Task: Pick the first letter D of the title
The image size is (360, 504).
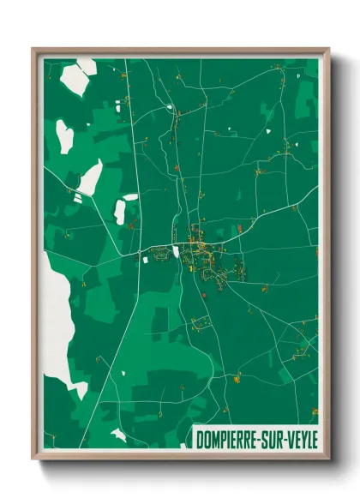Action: (199, 435)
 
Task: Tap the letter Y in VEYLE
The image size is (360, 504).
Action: (303, 435)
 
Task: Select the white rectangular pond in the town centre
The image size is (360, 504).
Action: (177, 251)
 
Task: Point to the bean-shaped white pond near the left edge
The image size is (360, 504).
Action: (65, 136)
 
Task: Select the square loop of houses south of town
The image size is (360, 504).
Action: (201, 323)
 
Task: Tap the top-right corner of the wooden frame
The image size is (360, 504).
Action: (328, 49)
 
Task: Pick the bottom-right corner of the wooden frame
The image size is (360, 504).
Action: (328, 459)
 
